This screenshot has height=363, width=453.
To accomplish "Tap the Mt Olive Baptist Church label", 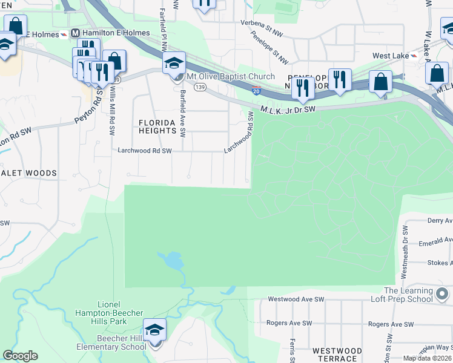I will [x=230, y=77].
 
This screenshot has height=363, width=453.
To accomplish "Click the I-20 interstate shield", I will [x=256, y=91].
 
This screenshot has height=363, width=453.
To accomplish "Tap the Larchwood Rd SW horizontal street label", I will [x=145, y=151].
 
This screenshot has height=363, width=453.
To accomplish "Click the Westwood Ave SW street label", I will [x=296, y=299].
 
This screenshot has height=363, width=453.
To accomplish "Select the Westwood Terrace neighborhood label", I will [x=337, y=355].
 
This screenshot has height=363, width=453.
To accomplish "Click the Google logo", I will [x=20, y=356].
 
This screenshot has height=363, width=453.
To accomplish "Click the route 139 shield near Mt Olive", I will [x=199, y=88].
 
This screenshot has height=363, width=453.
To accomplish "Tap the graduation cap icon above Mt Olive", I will [x=173, y=62].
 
